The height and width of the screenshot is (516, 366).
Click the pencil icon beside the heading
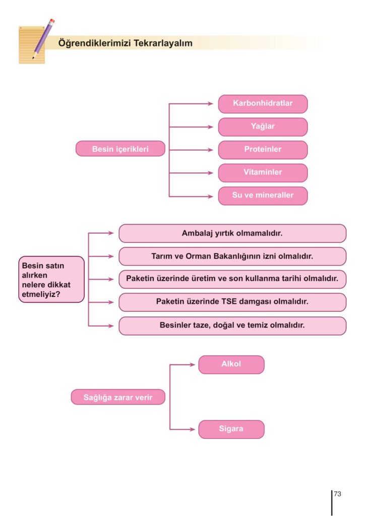[x=43, y=39]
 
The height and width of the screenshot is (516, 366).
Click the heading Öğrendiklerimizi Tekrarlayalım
[x=126, y=43]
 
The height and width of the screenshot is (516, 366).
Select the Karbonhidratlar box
[x=263, y=104]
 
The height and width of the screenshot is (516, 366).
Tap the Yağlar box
[x=263, y=127]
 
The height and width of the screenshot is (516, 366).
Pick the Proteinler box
[x=263, y=150]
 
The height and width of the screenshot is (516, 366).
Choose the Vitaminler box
[x=263, y=172]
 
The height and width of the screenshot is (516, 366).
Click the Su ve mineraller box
[x=263, y=196]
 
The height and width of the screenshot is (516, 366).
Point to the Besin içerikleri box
[x=120, y=149]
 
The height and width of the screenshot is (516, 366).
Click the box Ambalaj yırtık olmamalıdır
[x=232, y=234]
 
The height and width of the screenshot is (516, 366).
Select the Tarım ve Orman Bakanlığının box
[x=232, y=256]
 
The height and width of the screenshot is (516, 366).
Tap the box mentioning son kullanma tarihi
[x=232, y=279]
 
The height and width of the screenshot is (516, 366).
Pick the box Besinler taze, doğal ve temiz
[x=232, y=326]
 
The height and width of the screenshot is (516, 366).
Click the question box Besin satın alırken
[x=51, y=279]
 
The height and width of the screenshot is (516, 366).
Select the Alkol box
[x=231, y=364]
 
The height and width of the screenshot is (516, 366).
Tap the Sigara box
[x=231, y=429]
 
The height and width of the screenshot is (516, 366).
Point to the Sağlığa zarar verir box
[x=118, y=397]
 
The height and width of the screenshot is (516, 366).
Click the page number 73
[x=337, y=494]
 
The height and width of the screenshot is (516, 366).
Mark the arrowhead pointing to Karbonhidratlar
[x=211, y=104]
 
